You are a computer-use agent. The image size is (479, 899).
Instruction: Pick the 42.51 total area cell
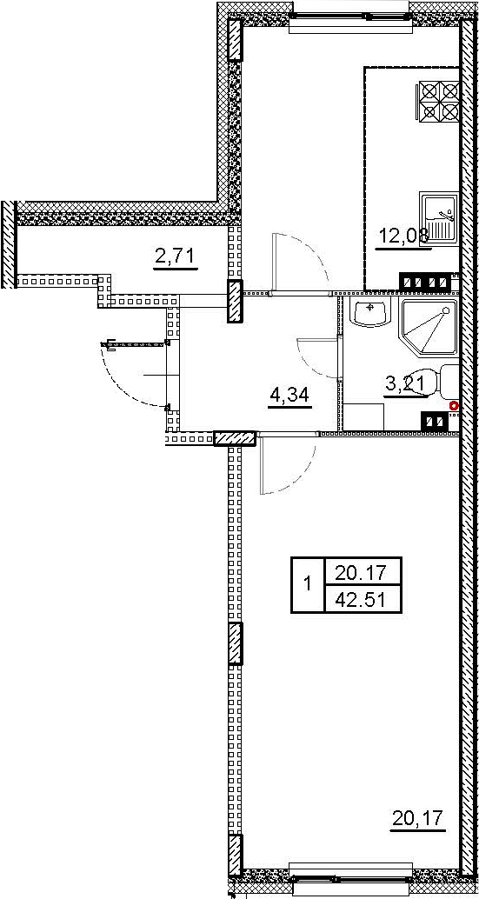(x=363, y=599)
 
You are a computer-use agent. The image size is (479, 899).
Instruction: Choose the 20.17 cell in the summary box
(x=363, y=571)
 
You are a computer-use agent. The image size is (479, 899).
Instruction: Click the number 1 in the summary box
(x=308, y=585)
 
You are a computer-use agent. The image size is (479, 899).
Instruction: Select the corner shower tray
(x=429, y=327)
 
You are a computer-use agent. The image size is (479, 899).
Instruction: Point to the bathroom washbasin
(x=370, y=313)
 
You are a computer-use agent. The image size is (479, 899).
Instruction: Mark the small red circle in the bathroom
(x=454, y=405)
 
